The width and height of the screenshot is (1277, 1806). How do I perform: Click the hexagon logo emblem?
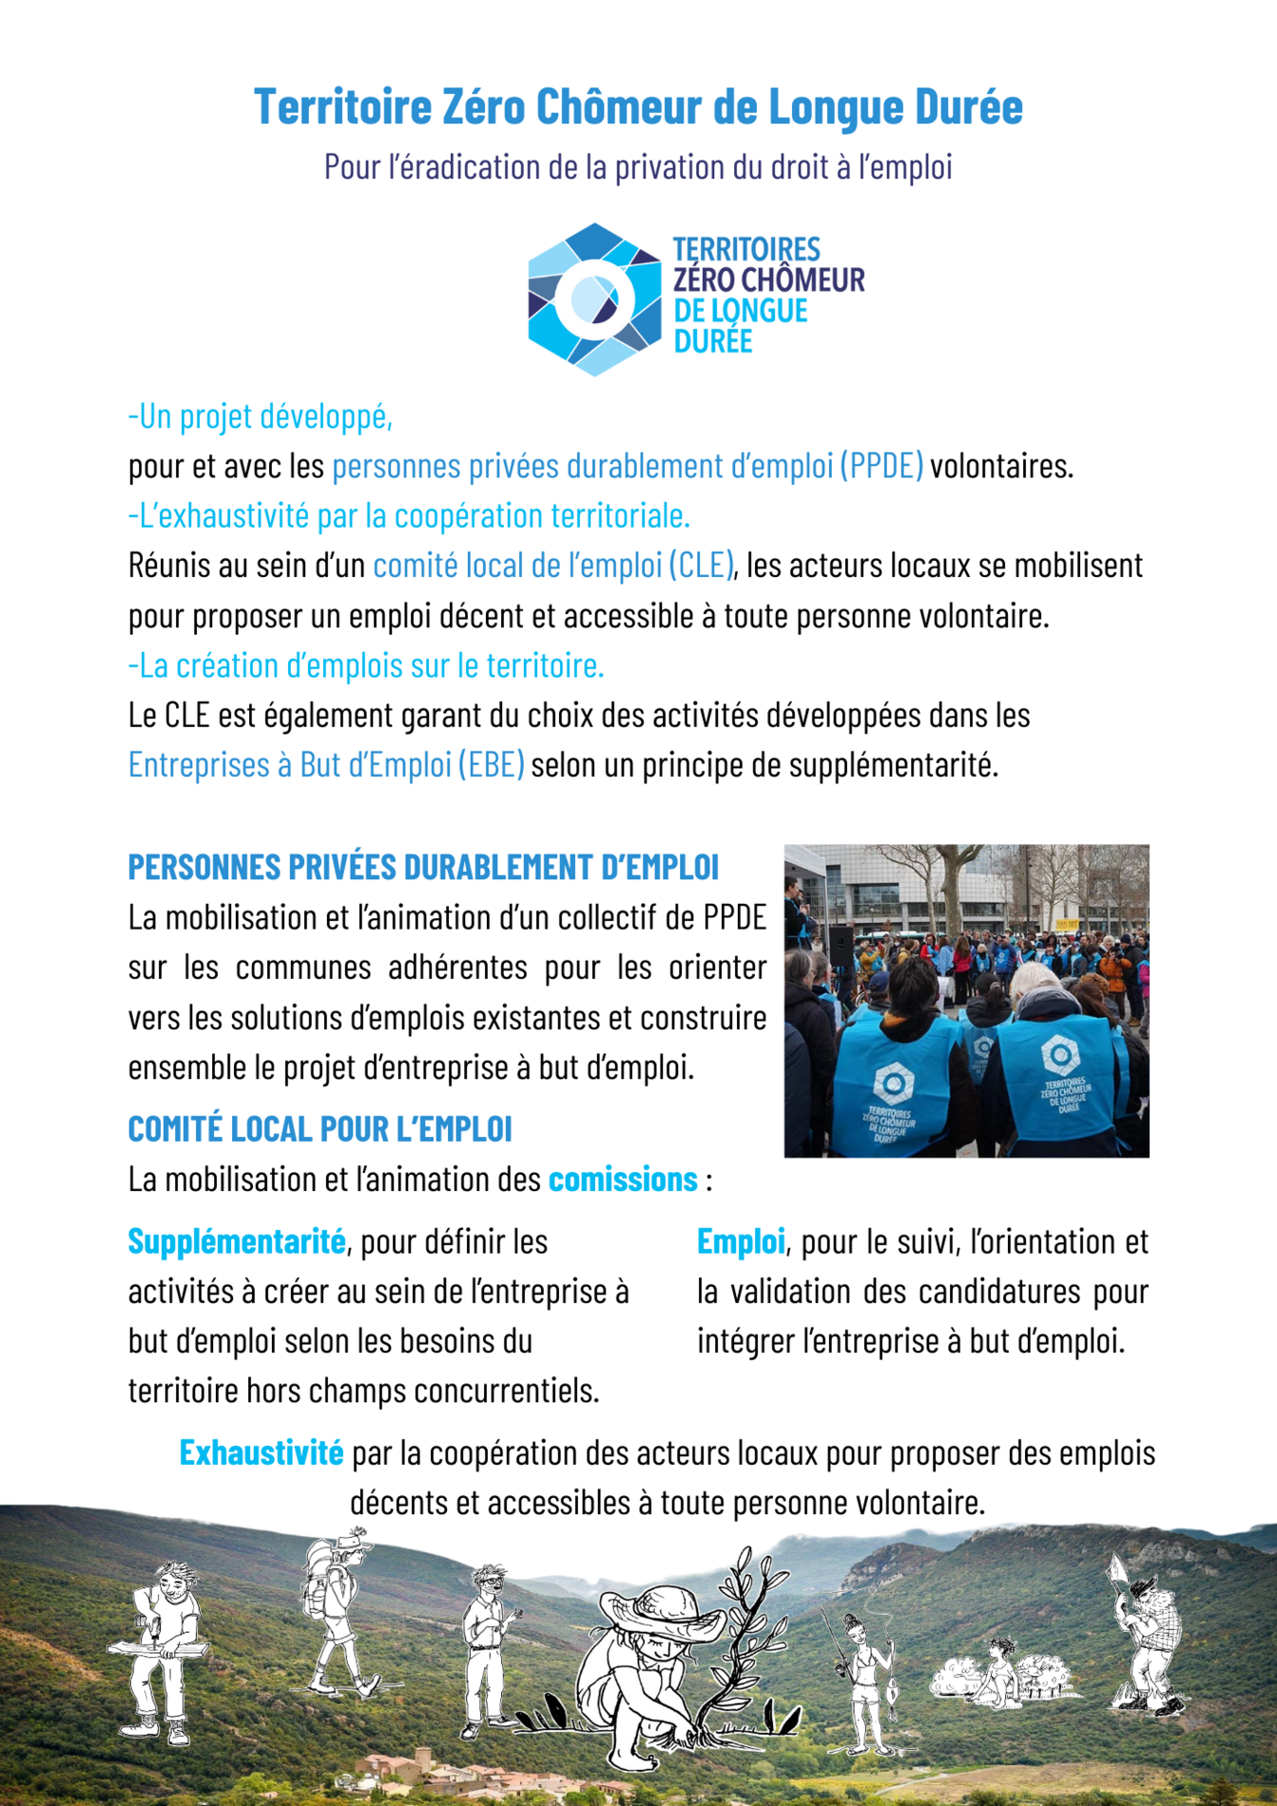tap(594, 299)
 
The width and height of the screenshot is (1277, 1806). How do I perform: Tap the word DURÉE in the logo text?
tap(713, 341)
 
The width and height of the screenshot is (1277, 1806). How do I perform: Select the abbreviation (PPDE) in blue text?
tap(881, 466)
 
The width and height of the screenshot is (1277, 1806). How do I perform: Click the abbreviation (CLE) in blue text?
tap(702, 566)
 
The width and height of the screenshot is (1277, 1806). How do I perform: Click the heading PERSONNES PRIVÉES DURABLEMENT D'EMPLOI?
tap(423, 867)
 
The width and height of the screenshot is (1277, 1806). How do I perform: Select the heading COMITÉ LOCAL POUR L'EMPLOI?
tap(319, 1128)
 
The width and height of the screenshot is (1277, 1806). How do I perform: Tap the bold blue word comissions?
tap(623, 1180)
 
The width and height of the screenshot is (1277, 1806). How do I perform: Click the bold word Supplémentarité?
tap(236, 1241)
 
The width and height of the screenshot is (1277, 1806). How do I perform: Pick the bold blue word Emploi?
tap(740, 1241)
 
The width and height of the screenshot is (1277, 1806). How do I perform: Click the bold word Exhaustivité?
tap(261, 1452)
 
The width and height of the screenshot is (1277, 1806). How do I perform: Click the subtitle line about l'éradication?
tap(638, 167)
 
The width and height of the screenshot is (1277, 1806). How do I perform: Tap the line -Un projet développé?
tap(261, 416)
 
